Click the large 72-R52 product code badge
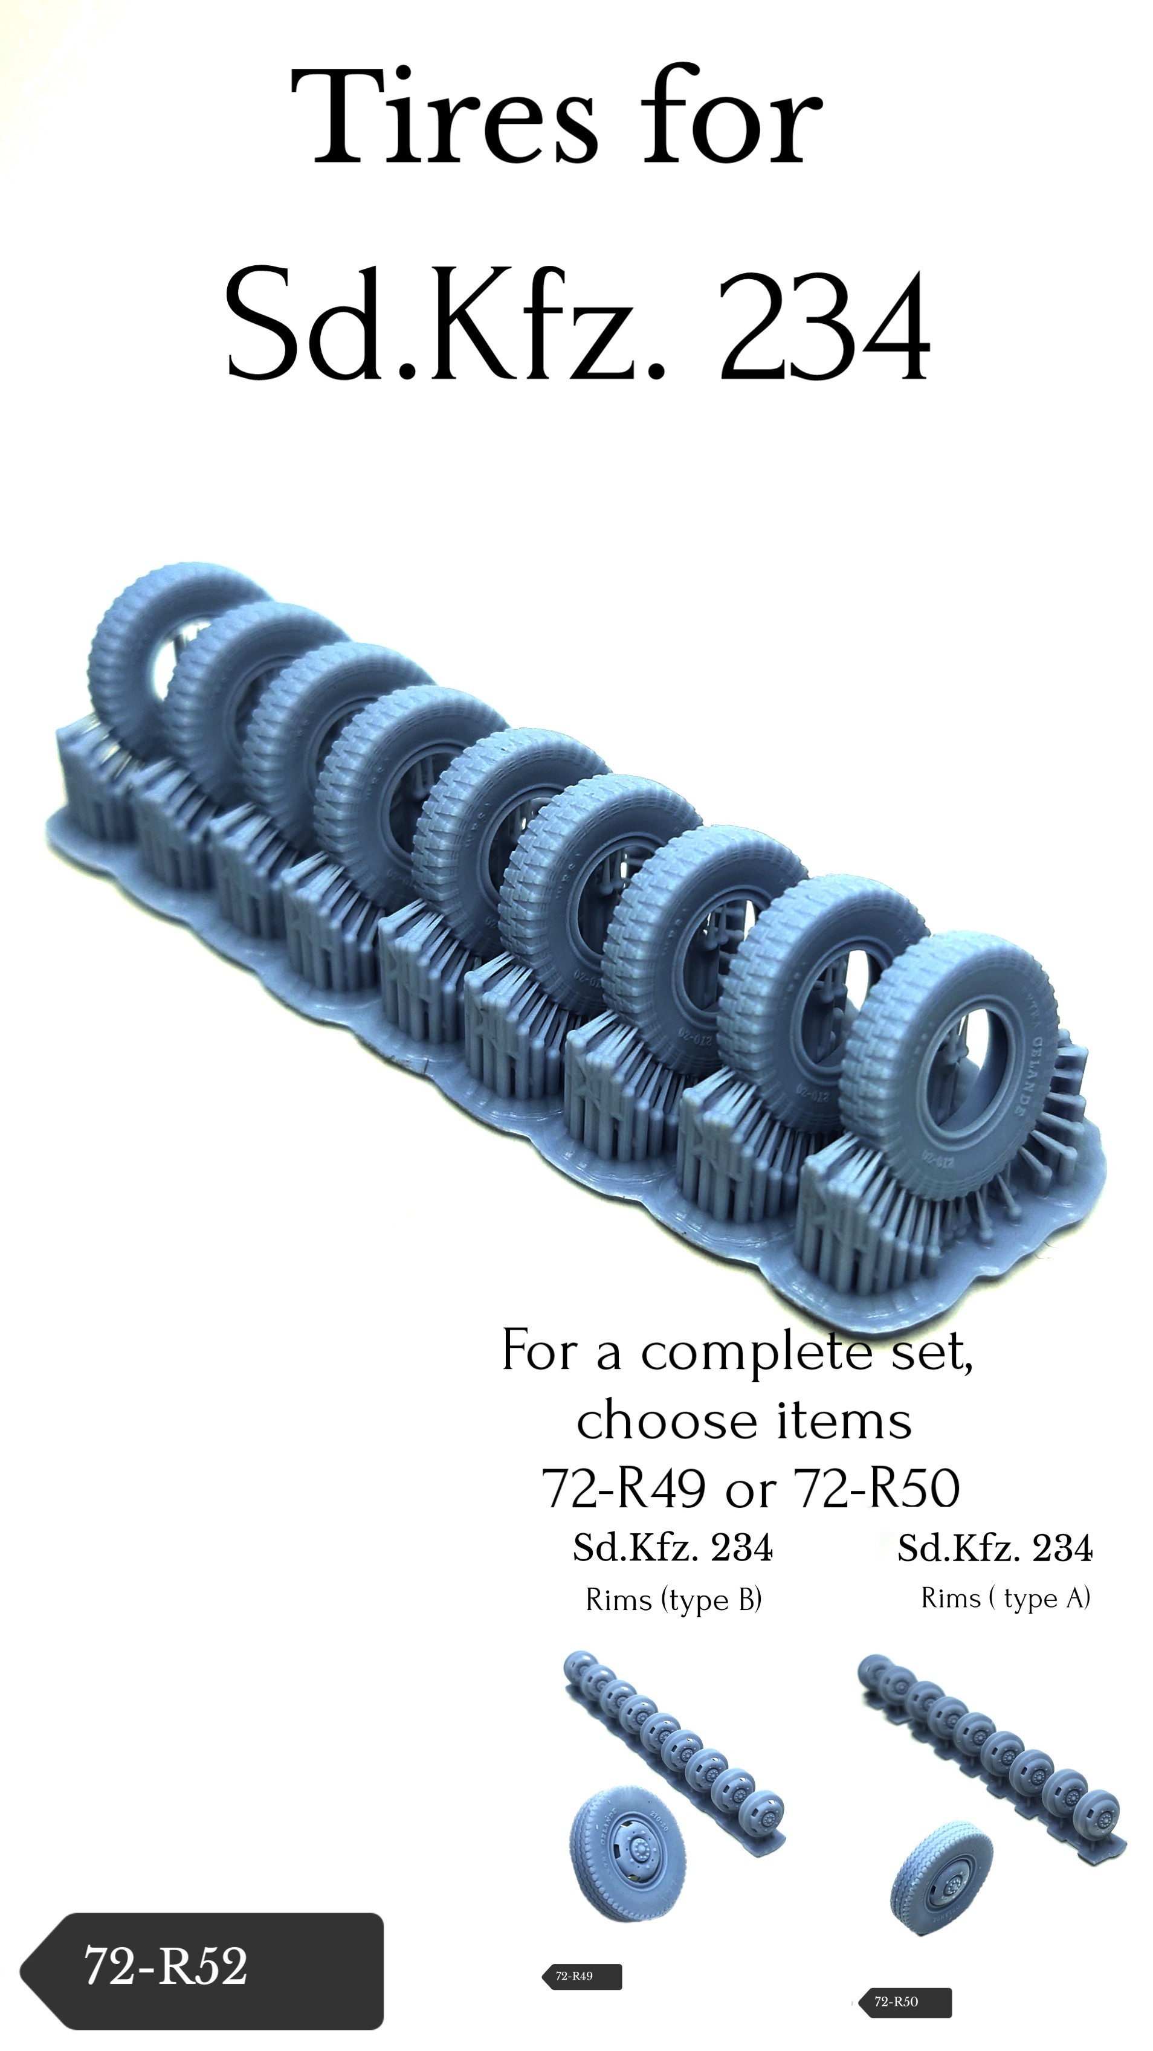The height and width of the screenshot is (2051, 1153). [x=202, y=1971]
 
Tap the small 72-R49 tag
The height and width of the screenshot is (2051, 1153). [x=581, y=1976]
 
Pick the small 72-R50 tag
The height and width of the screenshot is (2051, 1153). [x=903, y=2003]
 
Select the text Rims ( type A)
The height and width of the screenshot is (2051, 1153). [x=1006, y=1598]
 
